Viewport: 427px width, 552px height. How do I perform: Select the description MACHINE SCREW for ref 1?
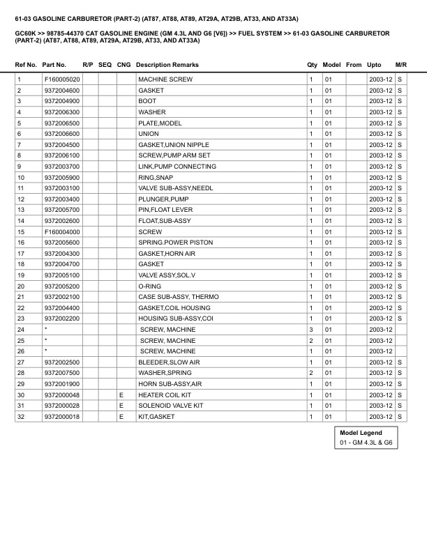point(165,79)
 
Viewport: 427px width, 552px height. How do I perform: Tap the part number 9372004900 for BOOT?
point(61,101)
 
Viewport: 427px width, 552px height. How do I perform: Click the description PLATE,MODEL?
point(160,123)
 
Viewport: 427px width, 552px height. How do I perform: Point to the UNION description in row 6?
point(149,134)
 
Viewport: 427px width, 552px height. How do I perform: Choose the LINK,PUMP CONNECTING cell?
point(177,167)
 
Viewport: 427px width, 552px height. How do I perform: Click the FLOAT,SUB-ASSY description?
point(164,221)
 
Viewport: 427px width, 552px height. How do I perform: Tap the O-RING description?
point(149,286)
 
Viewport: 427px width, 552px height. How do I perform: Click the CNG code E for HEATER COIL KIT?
point(121,394)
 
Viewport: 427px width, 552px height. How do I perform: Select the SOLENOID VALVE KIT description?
point(171,406)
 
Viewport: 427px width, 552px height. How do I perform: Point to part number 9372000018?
point(61,417)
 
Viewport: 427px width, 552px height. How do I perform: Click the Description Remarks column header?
point(167,65)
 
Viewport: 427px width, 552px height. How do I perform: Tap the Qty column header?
point(312,65)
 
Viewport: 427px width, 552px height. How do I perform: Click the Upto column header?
point(374,65)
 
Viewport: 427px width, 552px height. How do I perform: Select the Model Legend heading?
point(361,433)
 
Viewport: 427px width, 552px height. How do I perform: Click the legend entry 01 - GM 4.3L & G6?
point(366,443)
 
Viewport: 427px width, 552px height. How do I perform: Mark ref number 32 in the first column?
point(21,417)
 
